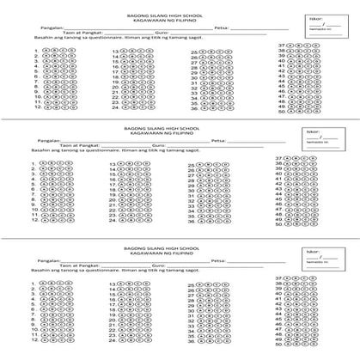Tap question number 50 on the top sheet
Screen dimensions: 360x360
[x=281, y=111]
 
